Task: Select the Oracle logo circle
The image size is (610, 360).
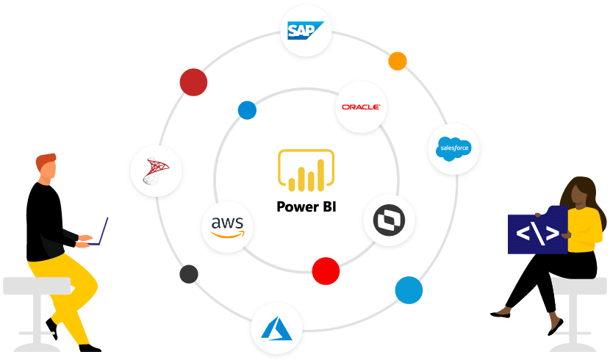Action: pyautogui.click(x=361, y=107)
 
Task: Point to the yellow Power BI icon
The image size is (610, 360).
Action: pyautogui.click(x=306, y=170)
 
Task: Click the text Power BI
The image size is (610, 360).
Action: pyautogui.click(x=306, y=207)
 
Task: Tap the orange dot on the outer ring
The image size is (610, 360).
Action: pyautogui.click(x=398, y=61)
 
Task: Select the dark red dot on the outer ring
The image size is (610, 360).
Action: pyautogui.click(x=193, y=82)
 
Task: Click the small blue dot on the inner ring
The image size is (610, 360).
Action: pyautogui.click(x=247, y=110)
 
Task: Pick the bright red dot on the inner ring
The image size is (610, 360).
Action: pyautogui.click(x=326, y=270)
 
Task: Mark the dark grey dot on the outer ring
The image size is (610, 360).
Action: pyautogui.click(x=189, y=274)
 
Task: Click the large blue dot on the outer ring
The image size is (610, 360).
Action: pyautogui.click(x=409, y=289)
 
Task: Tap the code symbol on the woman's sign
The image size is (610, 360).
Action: pyautogui.click(x=537, y=232)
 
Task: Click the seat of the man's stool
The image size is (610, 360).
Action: pyautogui.click(x=37, y=285)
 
